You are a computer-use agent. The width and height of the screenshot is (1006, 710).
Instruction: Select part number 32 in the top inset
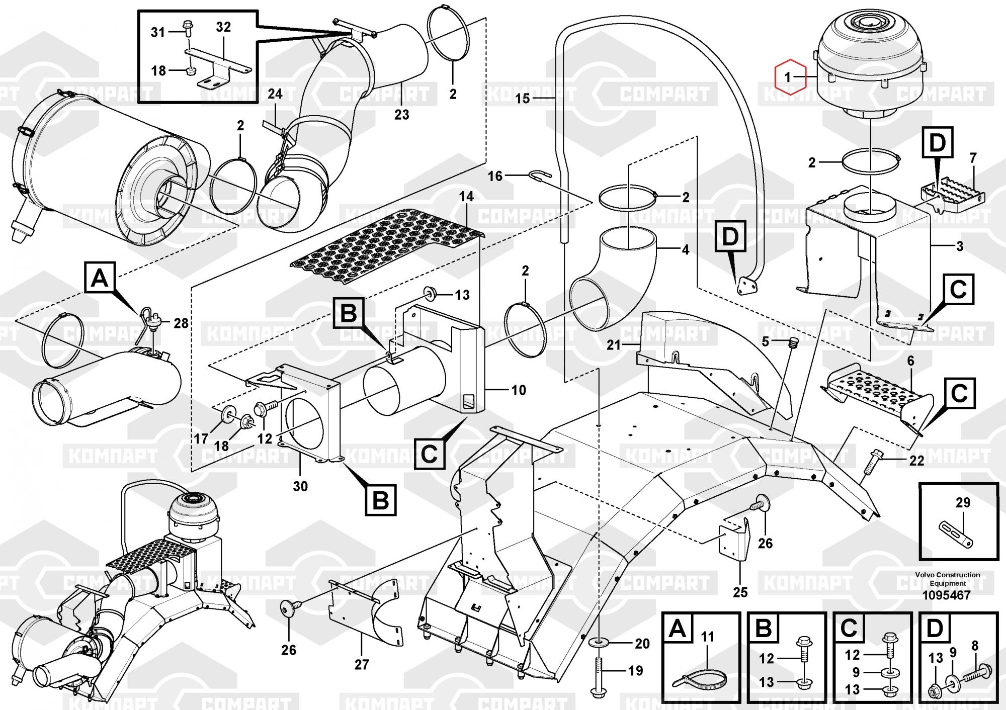click(223, 27)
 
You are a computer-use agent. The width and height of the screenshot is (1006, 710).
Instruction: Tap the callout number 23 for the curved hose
click(402, 115)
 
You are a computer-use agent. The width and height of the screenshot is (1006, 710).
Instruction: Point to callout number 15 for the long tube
click(523, 98)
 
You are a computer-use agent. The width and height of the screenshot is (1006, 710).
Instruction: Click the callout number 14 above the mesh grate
click(466, 197)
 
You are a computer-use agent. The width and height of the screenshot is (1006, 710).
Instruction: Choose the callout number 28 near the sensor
click(181, 323)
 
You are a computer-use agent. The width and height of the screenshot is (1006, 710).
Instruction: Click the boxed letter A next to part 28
click(100, 278)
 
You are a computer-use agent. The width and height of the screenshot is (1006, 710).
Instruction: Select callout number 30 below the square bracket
click(300, 486)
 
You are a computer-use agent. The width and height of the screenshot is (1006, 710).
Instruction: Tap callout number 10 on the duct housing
click(519, 390)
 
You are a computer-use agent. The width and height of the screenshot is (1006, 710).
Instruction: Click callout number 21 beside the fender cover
click(614, 345)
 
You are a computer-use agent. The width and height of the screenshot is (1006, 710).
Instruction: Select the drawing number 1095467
click(946, 595)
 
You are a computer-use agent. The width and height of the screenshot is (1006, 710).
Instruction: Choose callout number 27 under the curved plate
click(362, 665)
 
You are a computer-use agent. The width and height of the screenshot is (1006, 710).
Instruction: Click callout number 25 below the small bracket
click(740, 592)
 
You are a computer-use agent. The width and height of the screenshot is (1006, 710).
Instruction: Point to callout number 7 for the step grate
click(973, 158)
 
